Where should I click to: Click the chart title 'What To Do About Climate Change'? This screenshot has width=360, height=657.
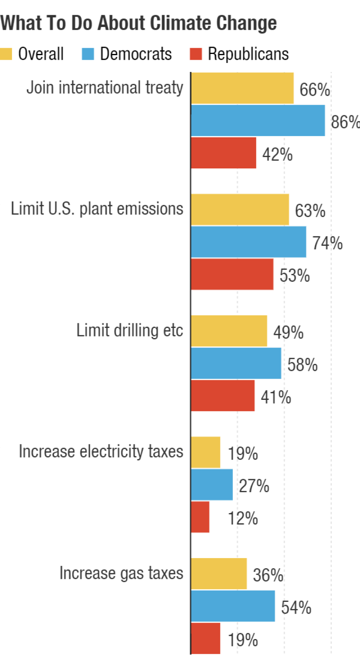(138, 23)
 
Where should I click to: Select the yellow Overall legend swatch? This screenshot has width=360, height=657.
(6, 54)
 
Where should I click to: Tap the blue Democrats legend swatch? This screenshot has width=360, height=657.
(88, 54)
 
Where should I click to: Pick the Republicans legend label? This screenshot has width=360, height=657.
(248, 54)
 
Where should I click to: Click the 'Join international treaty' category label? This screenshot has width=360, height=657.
(105, 87)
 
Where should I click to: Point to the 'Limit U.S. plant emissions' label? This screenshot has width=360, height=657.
(97, 209)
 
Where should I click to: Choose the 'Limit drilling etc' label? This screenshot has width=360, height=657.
(129, 330)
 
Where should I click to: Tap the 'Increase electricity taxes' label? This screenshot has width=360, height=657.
(101, 452)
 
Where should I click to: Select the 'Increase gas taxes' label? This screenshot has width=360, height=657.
(121, 573)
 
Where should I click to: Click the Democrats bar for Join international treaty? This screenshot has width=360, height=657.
(258, 121)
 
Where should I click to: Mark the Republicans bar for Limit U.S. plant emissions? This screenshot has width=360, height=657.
(232, 274)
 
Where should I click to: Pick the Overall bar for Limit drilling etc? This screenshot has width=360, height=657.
(229, 331)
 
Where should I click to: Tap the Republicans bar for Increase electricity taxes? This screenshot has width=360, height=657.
(200, 517)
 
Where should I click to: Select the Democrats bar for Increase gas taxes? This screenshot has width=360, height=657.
(233, 606)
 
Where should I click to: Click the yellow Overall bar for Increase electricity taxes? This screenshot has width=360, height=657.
(205, 452)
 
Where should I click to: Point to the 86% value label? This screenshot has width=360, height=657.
(345, 122)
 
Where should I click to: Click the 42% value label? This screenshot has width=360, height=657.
(277, 155)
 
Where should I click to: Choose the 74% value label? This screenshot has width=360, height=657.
(327, 243)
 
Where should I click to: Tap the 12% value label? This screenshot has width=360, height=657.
(243, 518)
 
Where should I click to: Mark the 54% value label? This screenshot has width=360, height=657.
(296, 608)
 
